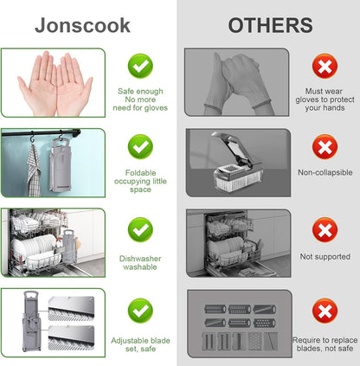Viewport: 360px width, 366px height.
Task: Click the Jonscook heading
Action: [x=82, y=26]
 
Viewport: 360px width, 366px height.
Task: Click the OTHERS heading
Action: [x=270, y=25]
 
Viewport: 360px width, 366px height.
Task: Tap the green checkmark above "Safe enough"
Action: [x=140, y=66]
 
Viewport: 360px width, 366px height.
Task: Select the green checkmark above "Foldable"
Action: [x=140, y=147]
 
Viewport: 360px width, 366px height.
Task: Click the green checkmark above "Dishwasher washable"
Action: [x=140, y=230]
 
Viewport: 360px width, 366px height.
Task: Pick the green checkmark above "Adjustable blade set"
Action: [x=140, y=311]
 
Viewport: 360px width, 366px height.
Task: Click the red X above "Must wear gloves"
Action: [x=325, y=66]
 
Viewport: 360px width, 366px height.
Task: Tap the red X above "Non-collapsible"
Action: [x=325, y=147]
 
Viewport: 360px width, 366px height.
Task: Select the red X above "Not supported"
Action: [x=325, y=230]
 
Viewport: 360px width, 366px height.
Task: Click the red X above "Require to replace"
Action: [x=325, y=311]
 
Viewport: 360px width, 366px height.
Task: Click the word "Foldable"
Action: [x=140, y=173]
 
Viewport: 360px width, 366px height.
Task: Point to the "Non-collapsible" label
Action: [x=325, y=172]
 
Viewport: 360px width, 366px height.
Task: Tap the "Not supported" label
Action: [x=325, y=257]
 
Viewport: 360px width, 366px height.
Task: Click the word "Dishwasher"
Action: [x=140, y=259]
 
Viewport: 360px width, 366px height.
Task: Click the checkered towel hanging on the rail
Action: [x=34, y=170]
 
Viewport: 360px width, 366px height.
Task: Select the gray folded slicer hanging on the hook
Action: [x=61, y=165]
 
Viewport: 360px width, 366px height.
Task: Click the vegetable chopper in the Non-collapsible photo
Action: [x=237, y=162]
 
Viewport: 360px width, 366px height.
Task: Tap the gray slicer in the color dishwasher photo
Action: [x=69, y=247]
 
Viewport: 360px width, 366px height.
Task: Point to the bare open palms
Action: [x=55, y=84]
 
